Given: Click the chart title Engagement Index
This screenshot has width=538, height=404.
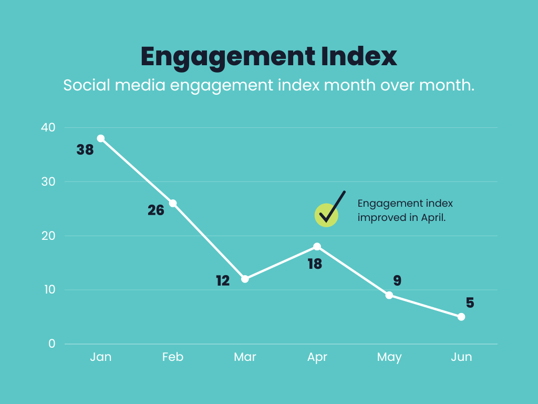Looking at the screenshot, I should click(268, 57).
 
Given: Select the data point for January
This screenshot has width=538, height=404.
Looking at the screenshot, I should click(101, 138).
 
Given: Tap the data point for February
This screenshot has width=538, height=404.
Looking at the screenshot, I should click(173, 203).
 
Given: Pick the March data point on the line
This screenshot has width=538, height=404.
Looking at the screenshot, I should click(245, 279).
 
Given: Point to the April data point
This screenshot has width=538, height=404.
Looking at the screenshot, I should click(317, 246).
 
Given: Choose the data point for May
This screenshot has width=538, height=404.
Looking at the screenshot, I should click(389, 295).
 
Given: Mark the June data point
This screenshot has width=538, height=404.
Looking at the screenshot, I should click(461, 317).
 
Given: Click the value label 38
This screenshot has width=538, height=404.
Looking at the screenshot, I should click(85, 150).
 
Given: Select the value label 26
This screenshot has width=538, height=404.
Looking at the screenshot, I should click(156, 210).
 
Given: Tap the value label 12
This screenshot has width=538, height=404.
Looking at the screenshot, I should click(223, 281).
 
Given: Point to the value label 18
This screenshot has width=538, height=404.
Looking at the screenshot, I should click(315, 264).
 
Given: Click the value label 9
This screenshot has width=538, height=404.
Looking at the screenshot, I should click(397, 281).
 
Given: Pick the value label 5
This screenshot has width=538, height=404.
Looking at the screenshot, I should click(470, 303).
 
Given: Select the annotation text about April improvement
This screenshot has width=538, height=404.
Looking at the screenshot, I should click(405, 210).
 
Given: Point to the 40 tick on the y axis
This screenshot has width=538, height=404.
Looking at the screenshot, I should click(48, 128).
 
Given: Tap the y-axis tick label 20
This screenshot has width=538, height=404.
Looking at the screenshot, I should click(48, 236).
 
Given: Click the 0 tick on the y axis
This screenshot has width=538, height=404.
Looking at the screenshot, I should click(51, 344).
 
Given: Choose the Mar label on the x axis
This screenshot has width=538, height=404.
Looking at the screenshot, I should click(245, 357).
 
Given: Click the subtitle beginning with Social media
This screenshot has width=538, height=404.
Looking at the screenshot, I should click(268, 85).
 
